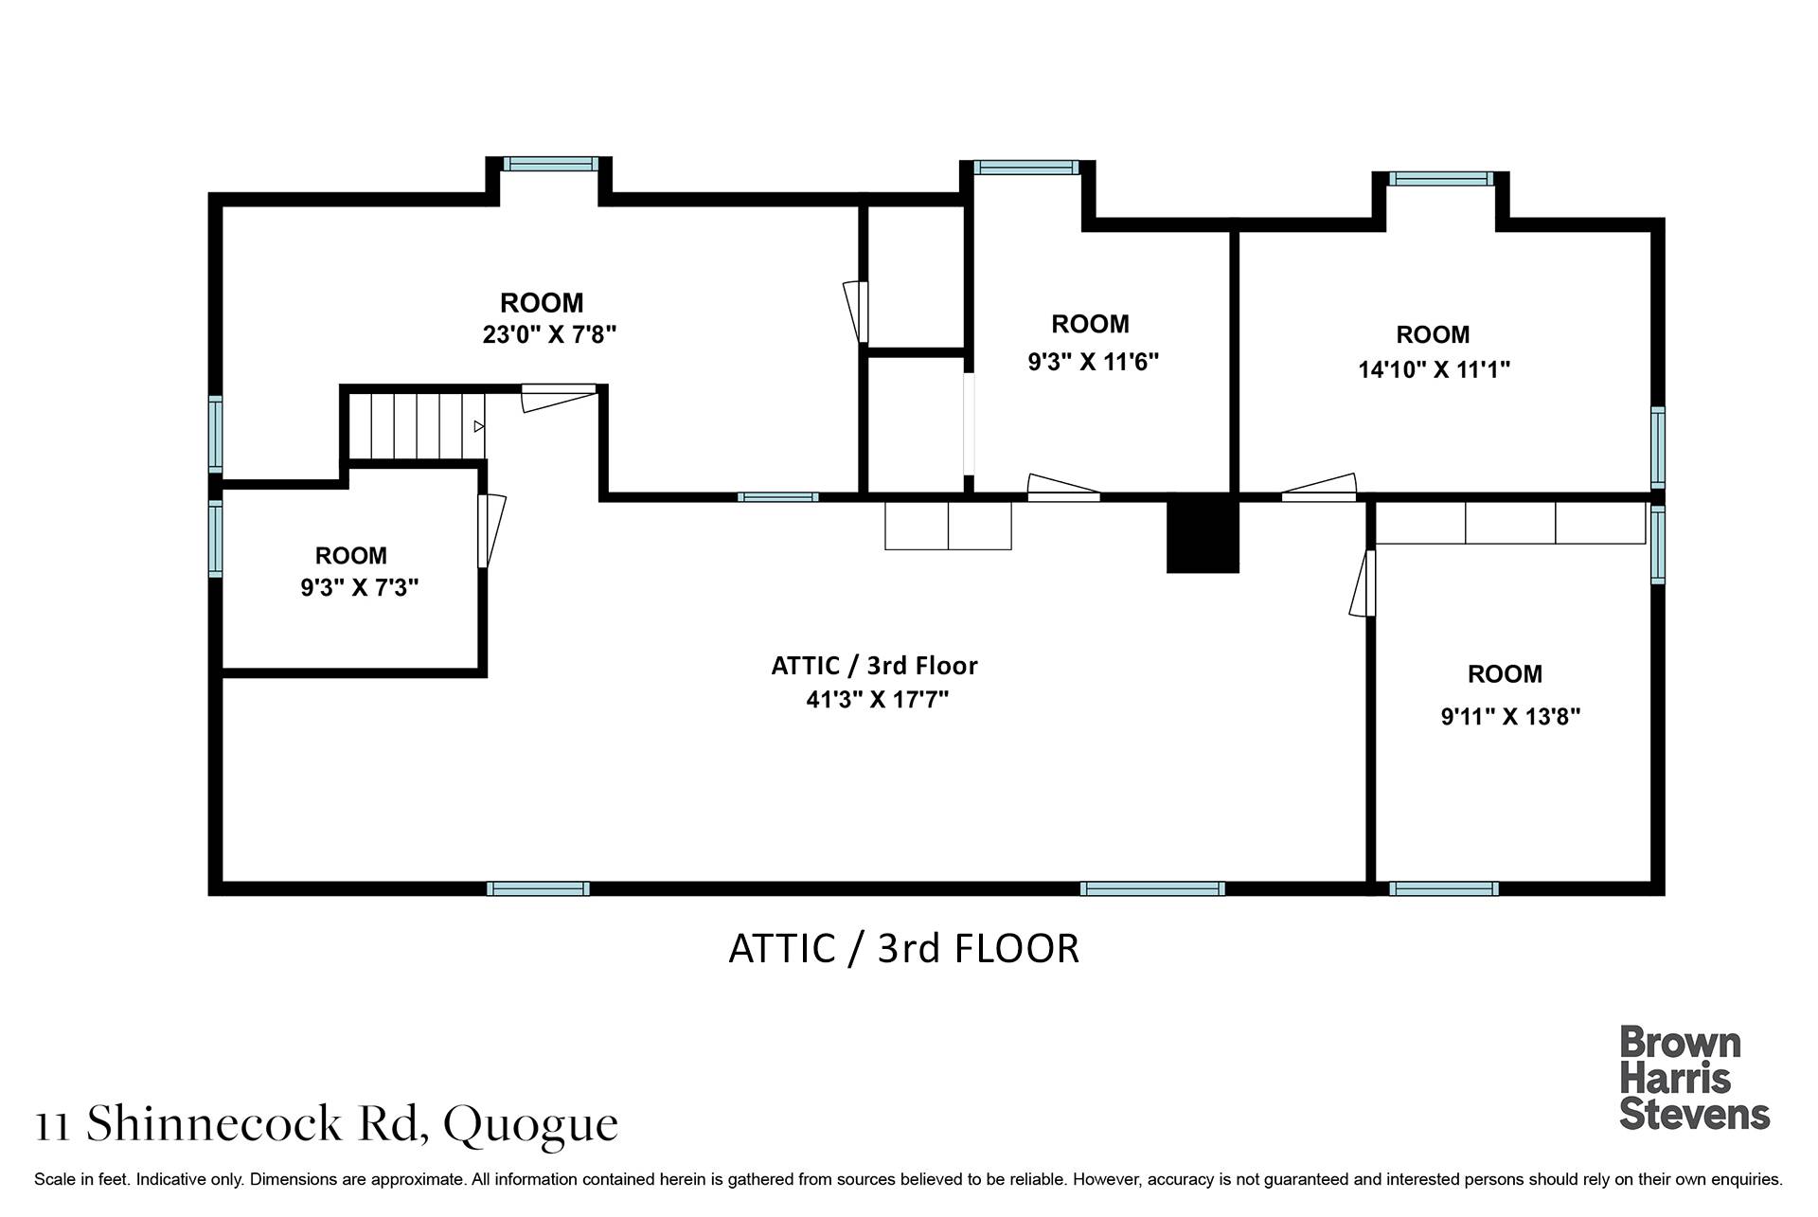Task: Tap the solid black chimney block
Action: point(1203,535)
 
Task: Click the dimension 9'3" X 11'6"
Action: point(1094,362)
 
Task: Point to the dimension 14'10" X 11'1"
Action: point(1434,369)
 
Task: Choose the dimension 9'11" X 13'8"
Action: point(1510,716)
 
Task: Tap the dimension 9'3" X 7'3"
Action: point(360,588)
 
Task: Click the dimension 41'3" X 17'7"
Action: point(877,700)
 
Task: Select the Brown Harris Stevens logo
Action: point(1694,1078)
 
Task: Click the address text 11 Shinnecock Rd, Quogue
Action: point(327,1125)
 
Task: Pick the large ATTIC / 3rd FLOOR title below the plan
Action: point(903,948)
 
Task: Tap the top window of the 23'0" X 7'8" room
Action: point(550,164)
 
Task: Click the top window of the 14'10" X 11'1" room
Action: point(1441,178)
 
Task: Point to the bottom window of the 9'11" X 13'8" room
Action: point(1444,888)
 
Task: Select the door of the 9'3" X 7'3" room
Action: point(491,530)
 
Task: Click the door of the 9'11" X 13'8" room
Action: point(1363,583)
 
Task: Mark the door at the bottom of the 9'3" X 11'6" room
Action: point(1063,487)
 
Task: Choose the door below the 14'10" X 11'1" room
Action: point(1319,487)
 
